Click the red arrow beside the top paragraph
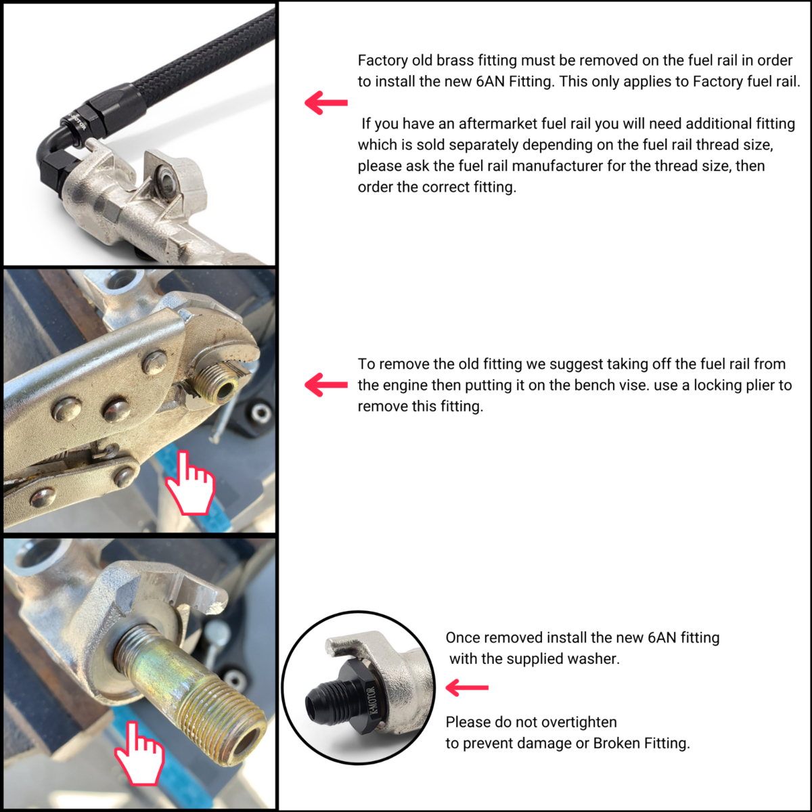click(326, 102)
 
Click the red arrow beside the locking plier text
click(326, 384)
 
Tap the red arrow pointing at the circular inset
click(467, 687)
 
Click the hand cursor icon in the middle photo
click(190, 484)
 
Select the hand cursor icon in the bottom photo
click(140, 754)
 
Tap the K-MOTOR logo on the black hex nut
click(371, 700)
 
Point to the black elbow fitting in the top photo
click(63, 143)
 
